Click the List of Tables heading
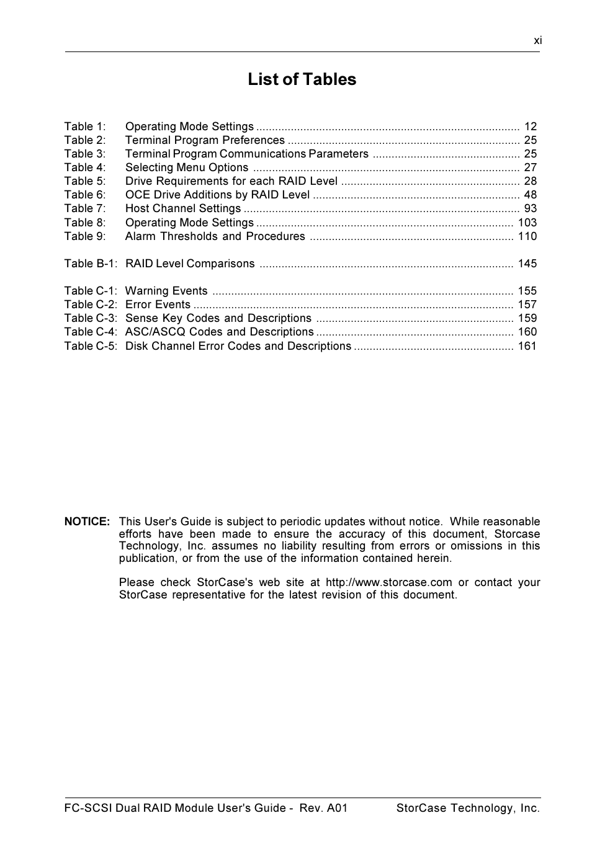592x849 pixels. (x=302, y=79)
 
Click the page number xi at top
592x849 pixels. (x=537, y=40)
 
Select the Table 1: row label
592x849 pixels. (x=85, y=127)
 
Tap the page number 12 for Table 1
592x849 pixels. (x=530, y=127)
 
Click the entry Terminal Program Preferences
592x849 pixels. (x=205, y=140)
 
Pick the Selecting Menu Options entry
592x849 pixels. (x=187, y=167)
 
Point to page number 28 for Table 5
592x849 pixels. (x=530, y=181)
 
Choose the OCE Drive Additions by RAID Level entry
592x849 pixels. (x=217, y=195)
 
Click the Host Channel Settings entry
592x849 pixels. (x=183, y=208)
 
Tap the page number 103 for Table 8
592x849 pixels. (x=527, y=223)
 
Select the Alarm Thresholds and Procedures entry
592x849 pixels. (x=215, y=236)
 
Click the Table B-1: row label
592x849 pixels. (x=91, y=264)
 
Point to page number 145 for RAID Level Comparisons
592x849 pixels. (x=527, y=264)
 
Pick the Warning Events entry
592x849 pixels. (x=166, y=291)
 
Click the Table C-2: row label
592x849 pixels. (x=91, y=304)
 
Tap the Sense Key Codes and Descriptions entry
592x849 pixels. (x=218, y=318)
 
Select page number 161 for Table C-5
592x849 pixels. (x=527, y=346)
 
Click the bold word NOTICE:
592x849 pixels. (x=87, y=522)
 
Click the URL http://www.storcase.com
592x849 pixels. (x=388, y=582)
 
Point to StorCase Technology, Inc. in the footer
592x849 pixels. (x=468, y=808)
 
